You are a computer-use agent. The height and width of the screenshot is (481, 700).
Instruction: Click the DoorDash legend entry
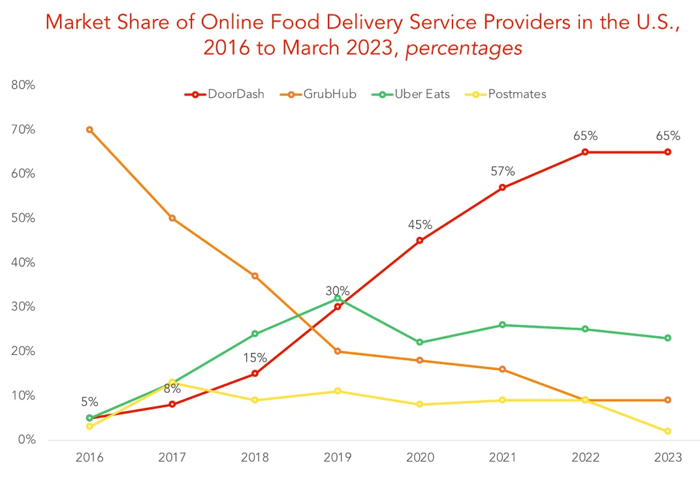225,94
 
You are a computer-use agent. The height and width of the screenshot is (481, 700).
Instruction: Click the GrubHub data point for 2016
89,130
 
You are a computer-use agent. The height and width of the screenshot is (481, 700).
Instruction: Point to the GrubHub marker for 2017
172,218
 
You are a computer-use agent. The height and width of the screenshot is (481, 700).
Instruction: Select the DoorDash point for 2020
420,240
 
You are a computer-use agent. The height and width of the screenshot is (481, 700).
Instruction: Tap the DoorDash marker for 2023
667,152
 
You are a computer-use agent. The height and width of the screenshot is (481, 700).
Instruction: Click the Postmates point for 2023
667,431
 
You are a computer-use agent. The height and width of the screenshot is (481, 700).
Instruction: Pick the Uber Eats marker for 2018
255,334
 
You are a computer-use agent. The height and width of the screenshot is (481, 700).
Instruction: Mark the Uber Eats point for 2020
420,342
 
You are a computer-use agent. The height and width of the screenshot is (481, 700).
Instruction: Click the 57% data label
503,172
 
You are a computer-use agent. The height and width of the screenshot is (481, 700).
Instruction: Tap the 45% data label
420,225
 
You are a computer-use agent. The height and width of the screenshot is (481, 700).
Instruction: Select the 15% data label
255,358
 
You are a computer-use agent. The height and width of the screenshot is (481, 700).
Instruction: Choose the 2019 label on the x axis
337,458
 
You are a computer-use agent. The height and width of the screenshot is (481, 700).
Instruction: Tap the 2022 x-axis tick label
585,458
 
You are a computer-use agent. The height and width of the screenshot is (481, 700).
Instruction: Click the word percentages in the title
464,48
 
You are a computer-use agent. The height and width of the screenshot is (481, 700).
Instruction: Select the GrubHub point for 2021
502,369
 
